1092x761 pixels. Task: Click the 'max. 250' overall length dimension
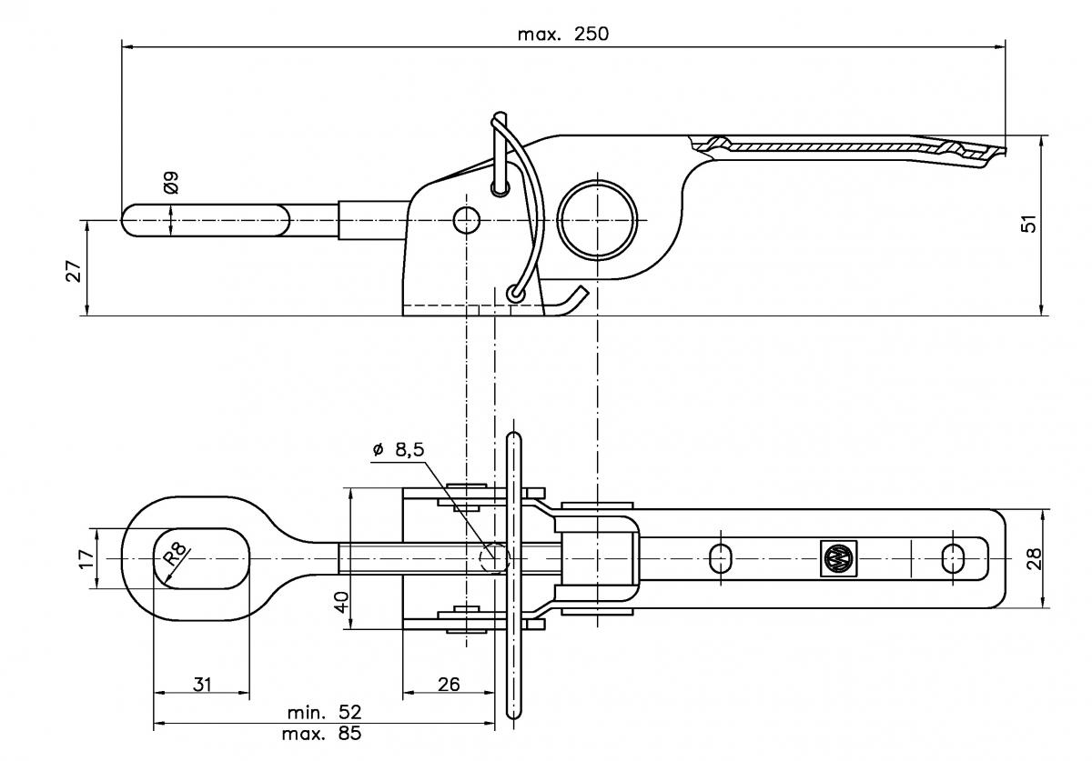[x=562, y=35]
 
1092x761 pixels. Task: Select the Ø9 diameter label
[x=170, y=183]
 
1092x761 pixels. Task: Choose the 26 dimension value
[x=448, y=684]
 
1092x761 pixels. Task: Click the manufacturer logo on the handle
[x=835, y=558]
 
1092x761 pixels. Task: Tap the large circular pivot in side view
[x=596, y=220]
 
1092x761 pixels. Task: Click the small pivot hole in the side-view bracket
[x=466, y=219]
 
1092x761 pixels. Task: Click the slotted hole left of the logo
[x=720, y=558]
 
